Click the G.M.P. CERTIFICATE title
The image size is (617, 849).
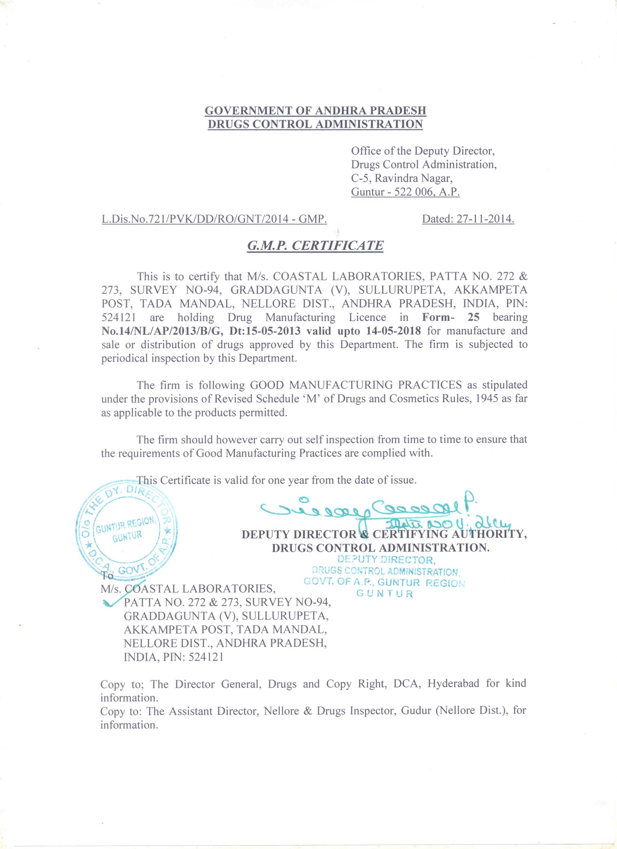pyautogui.click(x=315, y=246)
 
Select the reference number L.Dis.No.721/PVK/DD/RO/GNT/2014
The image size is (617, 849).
pyautogui.click(x=195, y=219)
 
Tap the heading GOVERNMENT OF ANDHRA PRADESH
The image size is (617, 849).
pyautogui.click(x=315, y=111)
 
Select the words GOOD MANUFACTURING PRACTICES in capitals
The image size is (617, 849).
pyautogui.click(x=356, y=385)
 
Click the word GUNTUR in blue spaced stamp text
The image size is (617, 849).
pyautogui.click(x=384, y=594)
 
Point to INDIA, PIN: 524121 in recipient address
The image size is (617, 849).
pyautogui.click(x=174, y=657)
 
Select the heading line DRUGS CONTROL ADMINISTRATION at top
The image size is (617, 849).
pyautogui.click(x=315, y=124)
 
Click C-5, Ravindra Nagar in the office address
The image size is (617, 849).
pyautogui.click(x=402, y=178)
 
